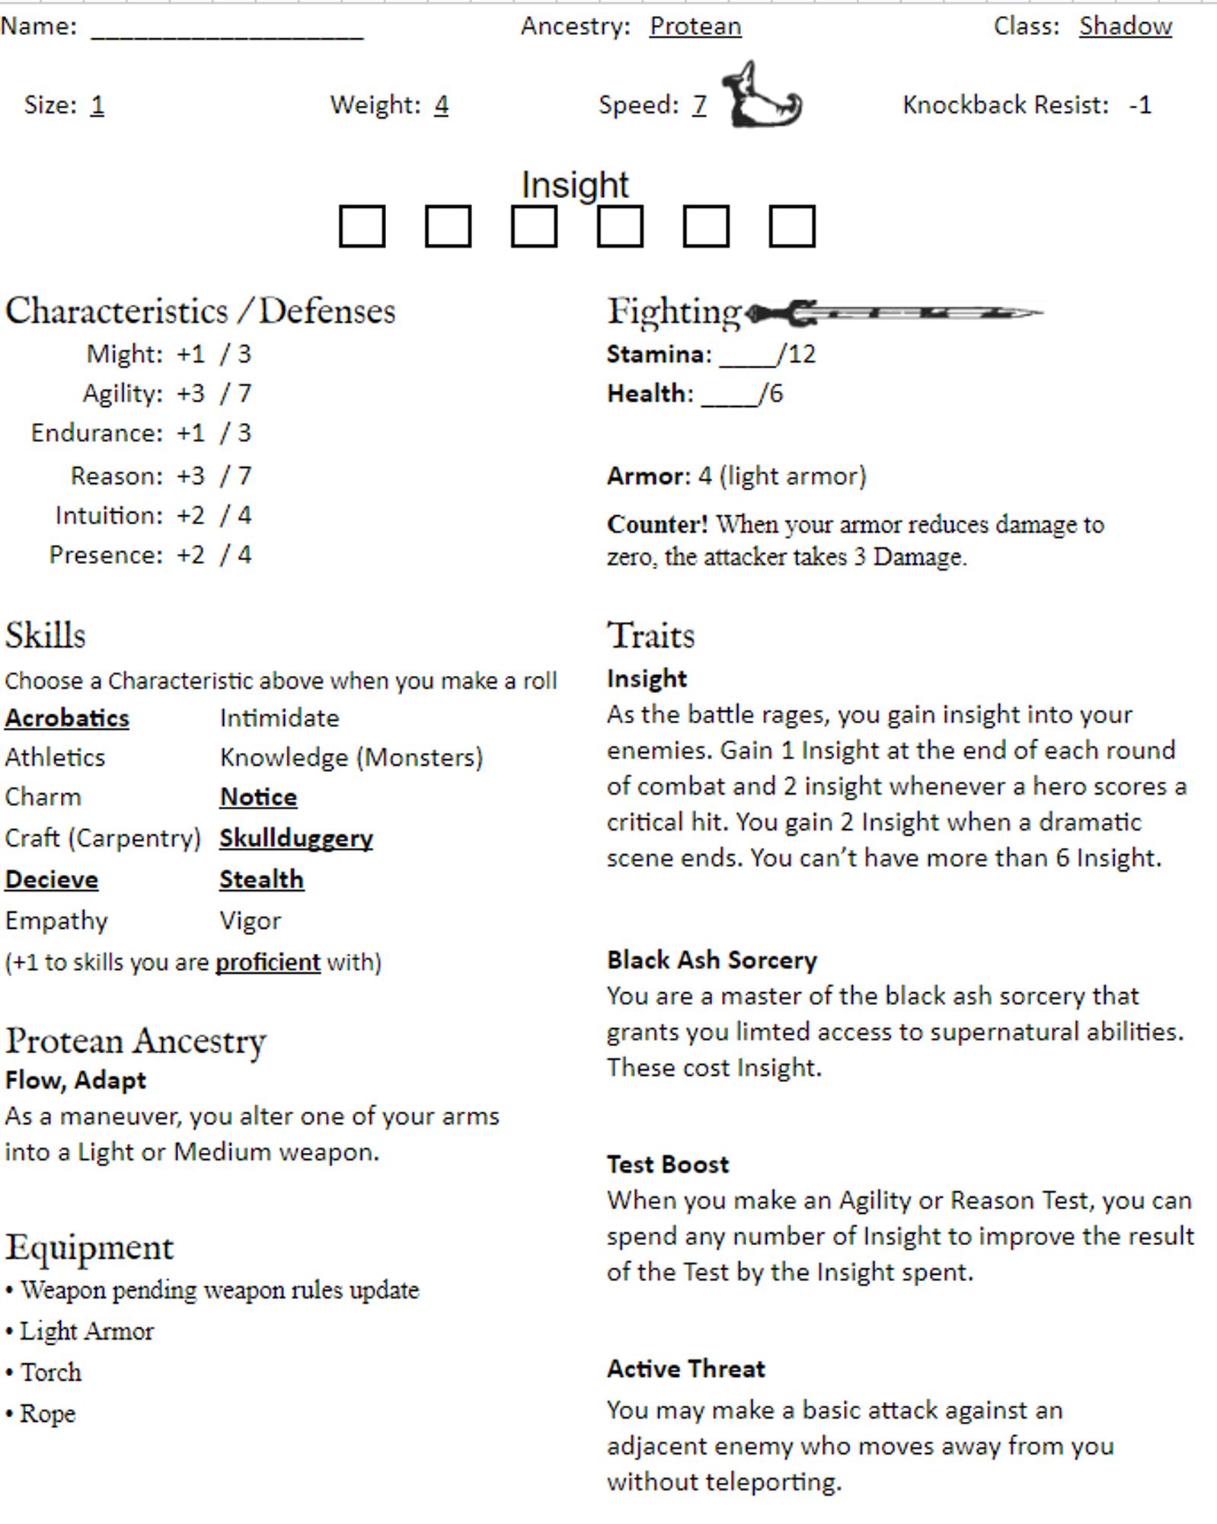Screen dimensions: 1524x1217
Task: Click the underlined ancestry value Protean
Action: point(695,27)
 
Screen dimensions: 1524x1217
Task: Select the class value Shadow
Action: point(1125,27)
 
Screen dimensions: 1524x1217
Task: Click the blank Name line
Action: point(227,30)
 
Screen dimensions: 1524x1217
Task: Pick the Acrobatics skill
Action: point(67,719)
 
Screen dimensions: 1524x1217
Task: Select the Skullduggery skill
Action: point(296,838)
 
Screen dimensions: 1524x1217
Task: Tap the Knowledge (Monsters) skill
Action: point(351,757)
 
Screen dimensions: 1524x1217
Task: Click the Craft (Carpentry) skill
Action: point(102,838)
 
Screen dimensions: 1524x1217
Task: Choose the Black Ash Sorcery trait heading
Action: point(711,960)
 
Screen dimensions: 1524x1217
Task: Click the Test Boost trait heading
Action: point(667,1164)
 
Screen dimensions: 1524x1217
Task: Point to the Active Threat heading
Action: point(685,1369)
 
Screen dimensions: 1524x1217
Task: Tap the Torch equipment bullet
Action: point(50,1372)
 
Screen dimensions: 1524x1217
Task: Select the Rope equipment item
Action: point(47,1414)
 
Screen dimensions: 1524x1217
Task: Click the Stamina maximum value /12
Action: point(797,354)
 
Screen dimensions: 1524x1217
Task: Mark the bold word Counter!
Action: point(656,524)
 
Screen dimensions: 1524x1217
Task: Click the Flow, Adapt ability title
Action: point(75,1081)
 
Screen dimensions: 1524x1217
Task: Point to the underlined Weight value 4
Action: point(442,105)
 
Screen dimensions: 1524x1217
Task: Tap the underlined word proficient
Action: point(267,962)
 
